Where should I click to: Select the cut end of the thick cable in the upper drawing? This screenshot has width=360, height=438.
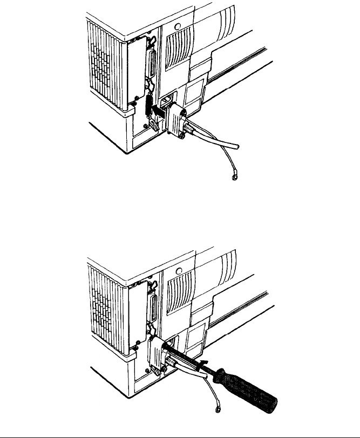[x=236, y=147]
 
